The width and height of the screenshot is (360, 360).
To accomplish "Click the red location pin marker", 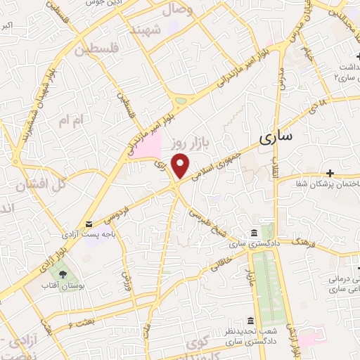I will tap(181, 165).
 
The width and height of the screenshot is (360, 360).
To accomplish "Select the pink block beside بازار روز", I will tap(148, 146).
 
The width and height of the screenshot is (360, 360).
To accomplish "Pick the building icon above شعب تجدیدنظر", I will tap(252, 320).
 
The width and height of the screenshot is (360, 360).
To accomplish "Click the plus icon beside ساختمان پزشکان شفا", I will tap(330, 172).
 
